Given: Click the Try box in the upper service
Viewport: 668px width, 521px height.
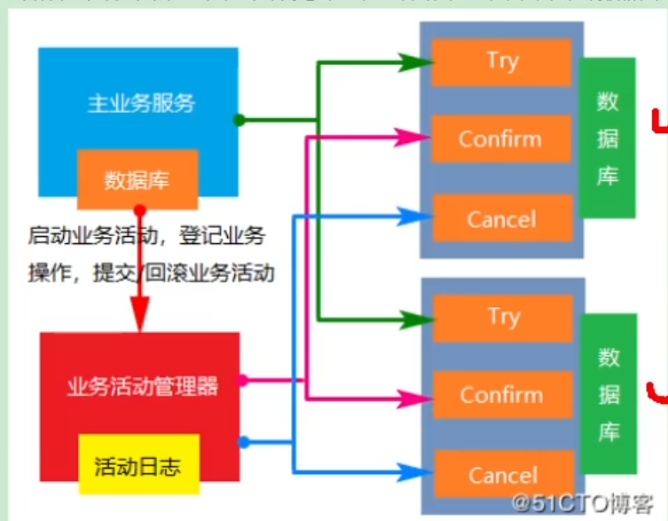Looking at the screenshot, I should pos(502,61).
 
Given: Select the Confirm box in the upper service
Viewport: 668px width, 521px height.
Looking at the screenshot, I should pos(500,138).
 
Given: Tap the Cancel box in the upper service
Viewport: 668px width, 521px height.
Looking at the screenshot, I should pos(501,218).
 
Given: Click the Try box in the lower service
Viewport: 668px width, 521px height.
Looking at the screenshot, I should pos(502,316).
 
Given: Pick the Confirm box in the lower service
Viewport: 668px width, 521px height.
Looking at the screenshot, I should pos(501,395).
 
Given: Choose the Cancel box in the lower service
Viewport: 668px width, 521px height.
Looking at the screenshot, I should pos(502,475).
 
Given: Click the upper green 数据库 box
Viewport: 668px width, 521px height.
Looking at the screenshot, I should pos(608,138).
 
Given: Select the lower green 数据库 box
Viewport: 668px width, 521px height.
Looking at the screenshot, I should pos(609,393).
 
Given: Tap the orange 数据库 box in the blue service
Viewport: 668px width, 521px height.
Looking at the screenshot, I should pos(137,180).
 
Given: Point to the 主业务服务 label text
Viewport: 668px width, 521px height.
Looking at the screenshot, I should pos(141,103).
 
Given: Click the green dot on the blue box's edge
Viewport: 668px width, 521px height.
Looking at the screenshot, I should pos(239,120).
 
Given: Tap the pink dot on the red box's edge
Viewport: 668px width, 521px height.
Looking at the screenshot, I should pos(241,381).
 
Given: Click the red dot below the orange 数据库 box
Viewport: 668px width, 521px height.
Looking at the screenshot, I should pos(139,211).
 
